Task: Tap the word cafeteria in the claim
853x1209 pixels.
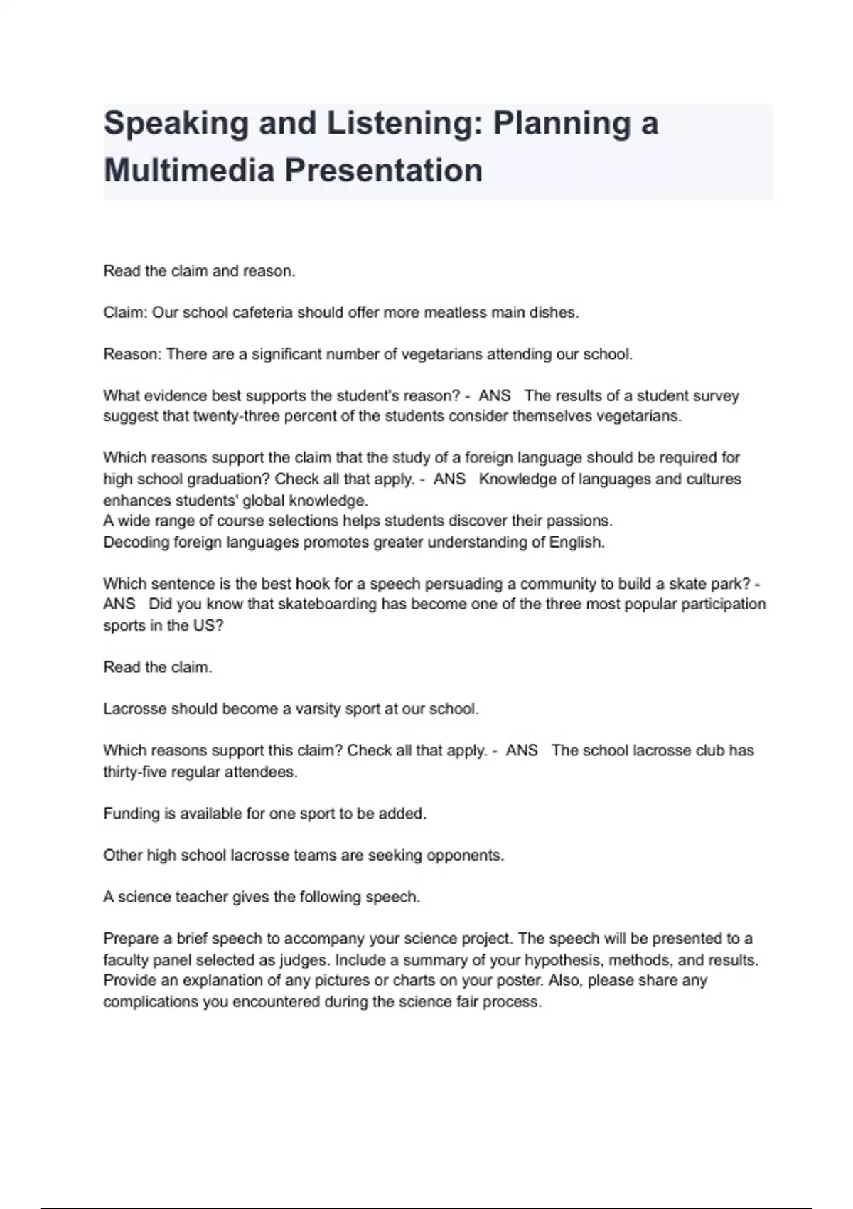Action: pos(262,313)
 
